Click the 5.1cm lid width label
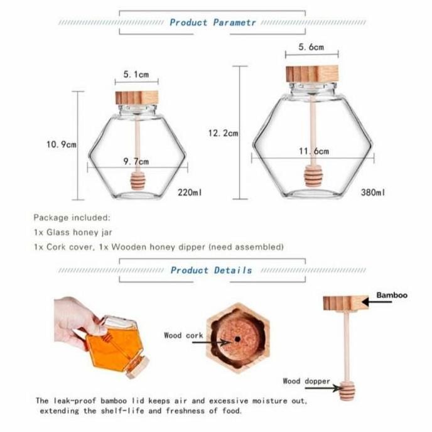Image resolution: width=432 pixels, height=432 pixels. [136, 75]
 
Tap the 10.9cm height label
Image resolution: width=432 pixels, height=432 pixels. [61, 144]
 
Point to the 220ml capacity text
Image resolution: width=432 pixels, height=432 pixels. [190, 192]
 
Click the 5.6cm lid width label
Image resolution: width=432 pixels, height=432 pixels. [311, 48]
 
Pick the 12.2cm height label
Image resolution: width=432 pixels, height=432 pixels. [223, 133]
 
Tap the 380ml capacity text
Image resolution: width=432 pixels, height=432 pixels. [373, 192]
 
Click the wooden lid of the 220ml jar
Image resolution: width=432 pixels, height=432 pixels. [136, 97]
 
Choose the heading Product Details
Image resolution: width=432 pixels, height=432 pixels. [211, 271]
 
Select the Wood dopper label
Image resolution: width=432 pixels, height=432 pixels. [306, 381]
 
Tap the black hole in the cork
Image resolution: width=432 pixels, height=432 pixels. [239, 338]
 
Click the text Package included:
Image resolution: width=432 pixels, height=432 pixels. [72, 218]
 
